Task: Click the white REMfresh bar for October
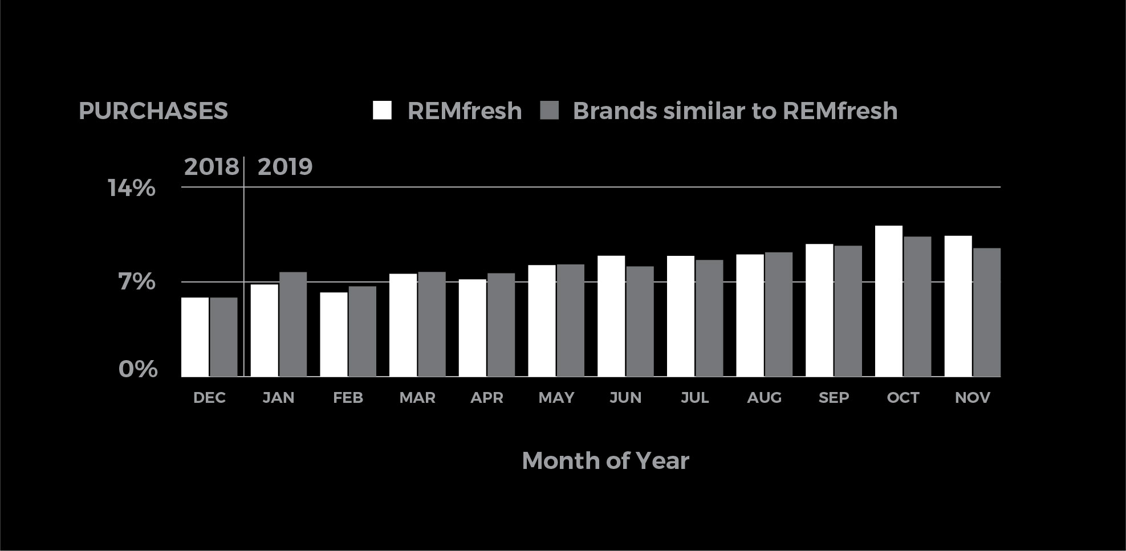pyautogui.click(x=889, y=301)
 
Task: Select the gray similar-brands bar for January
pyautogui.click(x=293, y=324)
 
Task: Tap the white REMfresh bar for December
pyautogui.click(x=195, y=337)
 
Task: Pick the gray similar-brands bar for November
pyautogui.click(x=987, y=312)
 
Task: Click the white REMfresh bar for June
pyautogui.click(x=611, y=316)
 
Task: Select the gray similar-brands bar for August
pyautogui.click(x=779, y=315)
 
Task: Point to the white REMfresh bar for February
pyautogui.click(x=334, y=334)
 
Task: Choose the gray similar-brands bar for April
pyautogui.click(x=501, y=325)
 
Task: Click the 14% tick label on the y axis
pyautogui.click(x=132, y=188)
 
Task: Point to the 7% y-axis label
pyautogui.click(x=137, y=282)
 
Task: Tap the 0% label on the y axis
pyautogui.click(x=138, y=369)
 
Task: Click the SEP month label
pyautogui.click(x=834, y=398)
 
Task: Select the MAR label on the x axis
pyautogui.click(x=417, y=398)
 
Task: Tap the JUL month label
pyautogui.click(x=695, y=398)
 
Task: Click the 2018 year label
pyautogui.click(x=212, y=167)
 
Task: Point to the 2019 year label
pyautogui.click(x=285, y=167)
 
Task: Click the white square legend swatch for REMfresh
pyautogui.click(x=382, y=110)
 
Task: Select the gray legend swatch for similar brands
pyautogui.click(x=549, y=110)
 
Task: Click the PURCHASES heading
pyautogui.click(x=153, y=111)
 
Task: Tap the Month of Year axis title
pyautogui.click(x=605, y=460)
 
